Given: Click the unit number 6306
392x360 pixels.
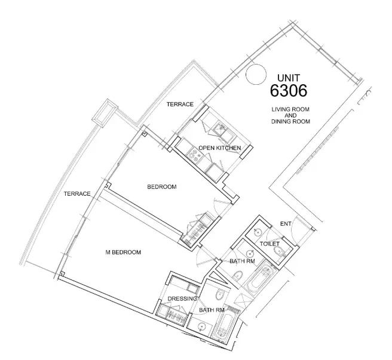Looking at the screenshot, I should pos(289,91).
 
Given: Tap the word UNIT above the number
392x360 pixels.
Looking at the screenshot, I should pos(289,78).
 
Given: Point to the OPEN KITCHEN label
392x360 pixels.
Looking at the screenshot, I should pos(219,147).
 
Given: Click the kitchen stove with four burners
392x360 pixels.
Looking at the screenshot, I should pos(195,154).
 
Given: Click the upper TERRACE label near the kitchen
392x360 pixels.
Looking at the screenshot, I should pos(180,104).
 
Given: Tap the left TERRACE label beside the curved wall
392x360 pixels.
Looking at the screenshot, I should pos(77,193).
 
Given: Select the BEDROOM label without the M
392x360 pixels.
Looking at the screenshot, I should pos(161,187).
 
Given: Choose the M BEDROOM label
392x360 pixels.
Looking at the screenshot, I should pos(123,253).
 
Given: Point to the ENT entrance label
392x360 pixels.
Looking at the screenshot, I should pos(285,224).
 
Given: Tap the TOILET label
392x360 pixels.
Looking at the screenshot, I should pos(270,245).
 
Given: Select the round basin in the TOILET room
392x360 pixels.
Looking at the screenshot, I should pos(257,232).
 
